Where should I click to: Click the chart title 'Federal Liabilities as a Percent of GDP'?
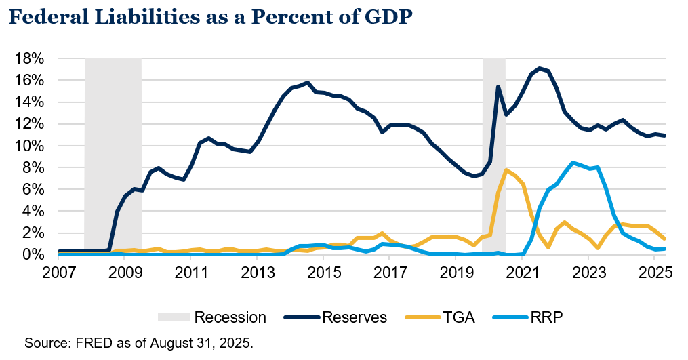[210, 19]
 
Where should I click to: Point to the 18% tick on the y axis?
[31, 58]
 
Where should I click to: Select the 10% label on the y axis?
[31, 146]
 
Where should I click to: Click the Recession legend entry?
[230, 317]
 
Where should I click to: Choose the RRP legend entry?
[547, 317]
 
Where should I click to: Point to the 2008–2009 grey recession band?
[113, 156]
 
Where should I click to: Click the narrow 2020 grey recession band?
[493, 156]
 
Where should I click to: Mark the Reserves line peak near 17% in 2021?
[540, 68]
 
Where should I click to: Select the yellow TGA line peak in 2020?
[506, 170]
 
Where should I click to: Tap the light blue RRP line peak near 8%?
[573, 163]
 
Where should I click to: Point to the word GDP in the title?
[386, 19]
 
